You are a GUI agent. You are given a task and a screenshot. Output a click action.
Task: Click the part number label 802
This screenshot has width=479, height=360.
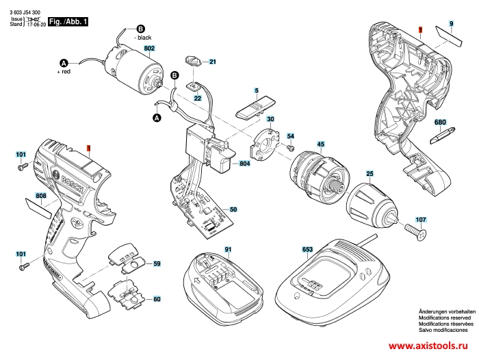pyautogui.click(x=150, y=48)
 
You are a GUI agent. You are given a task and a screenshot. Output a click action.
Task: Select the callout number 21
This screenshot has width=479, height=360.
pyautogui.click(x=212, y=62)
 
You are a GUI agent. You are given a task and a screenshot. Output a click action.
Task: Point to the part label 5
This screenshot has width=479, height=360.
pyautogui.click(x=257, y=91)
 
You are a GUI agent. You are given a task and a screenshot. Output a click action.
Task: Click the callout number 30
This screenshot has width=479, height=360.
pyautogui.click(x=270, y=120)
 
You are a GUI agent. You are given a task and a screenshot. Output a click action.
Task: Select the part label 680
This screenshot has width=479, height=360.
pyautogui.click(x=441, y=123)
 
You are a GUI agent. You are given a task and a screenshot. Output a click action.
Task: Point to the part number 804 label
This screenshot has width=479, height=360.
pyautogui.click(x=245, y=164)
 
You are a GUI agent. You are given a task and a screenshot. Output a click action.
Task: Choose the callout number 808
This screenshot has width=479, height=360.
pyautogui.click(x=42, y=196)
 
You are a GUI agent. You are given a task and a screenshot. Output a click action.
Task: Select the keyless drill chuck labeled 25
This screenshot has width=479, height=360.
pyautogui.click(x=370, y=205)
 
